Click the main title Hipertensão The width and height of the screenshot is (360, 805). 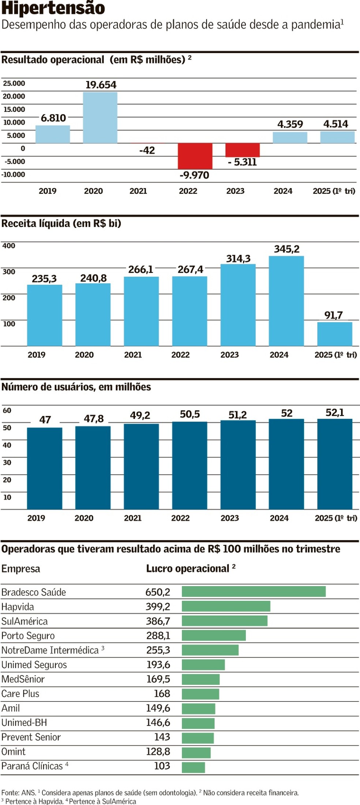tap(53, 8)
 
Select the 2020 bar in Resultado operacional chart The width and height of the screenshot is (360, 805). tap(100, 117)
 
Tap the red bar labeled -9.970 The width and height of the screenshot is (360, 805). tap(195, 156)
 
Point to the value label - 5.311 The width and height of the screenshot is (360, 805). tap(242, 162)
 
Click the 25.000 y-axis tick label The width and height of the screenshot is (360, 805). tap(14, 83)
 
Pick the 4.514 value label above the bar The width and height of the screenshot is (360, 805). tap(335, 124)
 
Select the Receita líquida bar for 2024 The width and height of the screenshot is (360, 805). tap(286, 301)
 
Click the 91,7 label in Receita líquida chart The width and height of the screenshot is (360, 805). tap(333, 315)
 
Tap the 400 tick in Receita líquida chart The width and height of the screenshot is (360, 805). tap(9, 246)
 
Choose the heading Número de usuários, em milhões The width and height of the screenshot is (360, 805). tap(76, 387)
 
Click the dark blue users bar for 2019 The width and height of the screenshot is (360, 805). tap(45, 468)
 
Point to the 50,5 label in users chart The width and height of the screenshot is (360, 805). tap(190, 414)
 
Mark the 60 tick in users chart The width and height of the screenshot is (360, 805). tap(7, 410)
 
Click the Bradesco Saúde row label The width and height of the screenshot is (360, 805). tap(34, 592)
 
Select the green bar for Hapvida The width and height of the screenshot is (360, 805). tap(226, 606)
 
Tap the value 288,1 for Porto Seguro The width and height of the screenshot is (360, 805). tap(158, 635)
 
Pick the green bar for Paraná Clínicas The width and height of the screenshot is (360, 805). tap(193, 767)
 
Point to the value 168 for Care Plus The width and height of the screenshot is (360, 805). tap(162, 693)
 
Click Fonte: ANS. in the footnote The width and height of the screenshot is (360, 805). tap(19, 793)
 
